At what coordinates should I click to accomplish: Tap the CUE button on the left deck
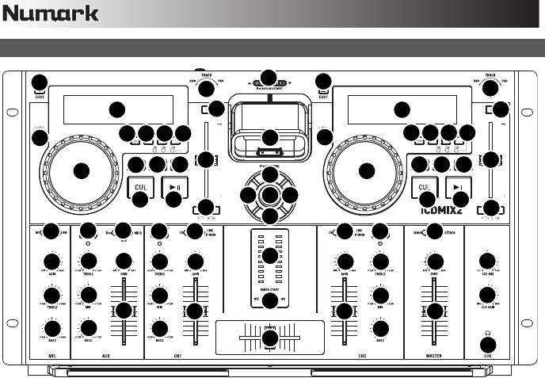coord(140,189)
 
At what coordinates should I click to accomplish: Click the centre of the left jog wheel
coord(80,170)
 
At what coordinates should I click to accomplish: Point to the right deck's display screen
coord(402,110)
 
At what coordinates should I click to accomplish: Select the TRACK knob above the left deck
coord(206,88)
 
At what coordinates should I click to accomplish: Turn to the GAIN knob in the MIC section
coord(52,262)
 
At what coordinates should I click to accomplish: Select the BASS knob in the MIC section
coord(52,328)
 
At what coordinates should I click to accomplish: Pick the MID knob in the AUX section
coord(89,295)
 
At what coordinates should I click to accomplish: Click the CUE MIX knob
coord(488,262)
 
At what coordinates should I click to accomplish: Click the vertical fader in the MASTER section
coord(434,311)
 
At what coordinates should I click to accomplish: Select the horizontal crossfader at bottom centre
coord(269,336)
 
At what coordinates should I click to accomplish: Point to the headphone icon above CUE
coord(488,332)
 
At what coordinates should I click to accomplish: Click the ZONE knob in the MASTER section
coord(435,262)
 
